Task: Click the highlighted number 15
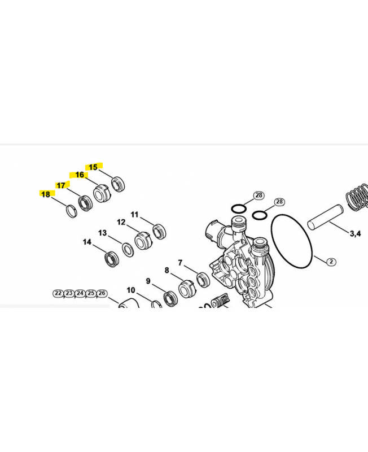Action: (x=93, y=167)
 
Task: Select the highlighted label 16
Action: (x=80, y=175)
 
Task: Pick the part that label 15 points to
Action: (x=118, y=184)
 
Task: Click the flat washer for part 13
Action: (x=127, y=248)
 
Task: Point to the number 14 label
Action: (x=87, y=242)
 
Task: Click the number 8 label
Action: (x=167, y=271)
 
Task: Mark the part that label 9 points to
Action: (x=169, y=297)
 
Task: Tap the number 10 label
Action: (x=130, y=290)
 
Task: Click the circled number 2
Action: (x=331, y=261)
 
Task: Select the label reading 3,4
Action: (x=356, y=233)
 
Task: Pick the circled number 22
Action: (x=58, y=293)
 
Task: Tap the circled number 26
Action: (x=102, y=293)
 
